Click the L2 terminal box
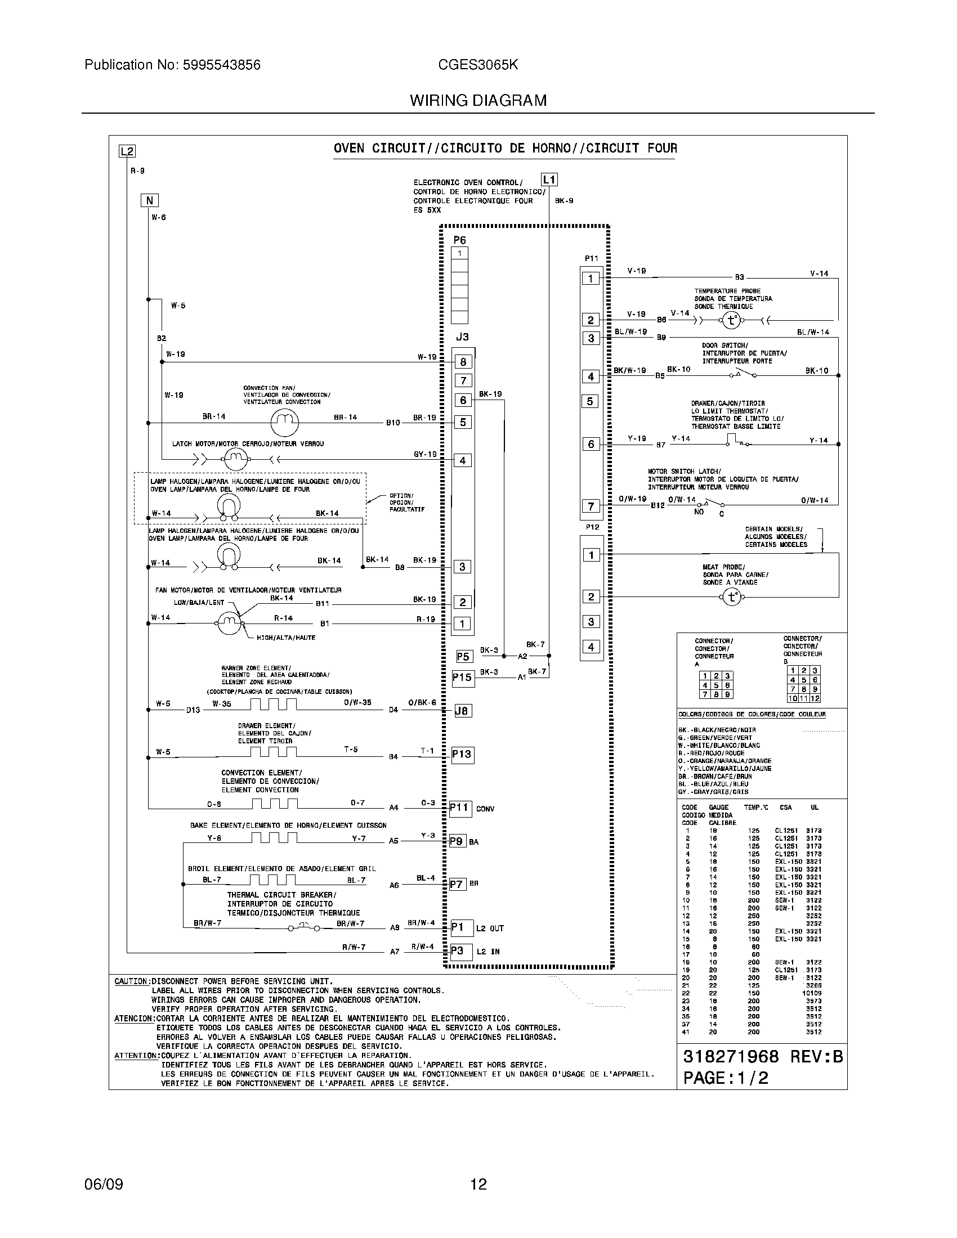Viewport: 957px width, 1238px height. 127,151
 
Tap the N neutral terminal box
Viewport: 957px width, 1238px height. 149,200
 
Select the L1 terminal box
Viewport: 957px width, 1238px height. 549,180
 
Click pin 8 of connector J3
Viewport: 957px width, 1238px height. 463,362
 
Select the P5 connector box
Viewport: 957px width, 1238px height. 463,656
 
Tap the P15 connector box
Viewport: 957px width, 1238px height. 462,678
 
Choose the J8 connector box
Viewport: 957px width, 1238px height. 462,710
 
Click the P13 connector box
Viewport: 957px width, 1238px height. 462,755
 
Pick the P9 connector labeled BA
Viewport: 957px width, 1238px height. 457,841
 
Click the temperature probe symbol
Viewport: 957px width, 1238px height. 731,321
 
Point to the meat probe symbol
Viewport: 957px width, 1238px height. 731,597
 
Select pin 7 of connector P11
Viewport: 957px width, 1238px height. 591,506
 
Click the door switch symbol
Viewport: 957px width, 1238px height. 745,375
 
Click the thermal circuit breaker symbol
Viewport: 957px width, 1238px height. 303,927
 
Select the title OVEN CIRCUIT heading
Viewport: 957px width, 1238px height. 504,149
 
